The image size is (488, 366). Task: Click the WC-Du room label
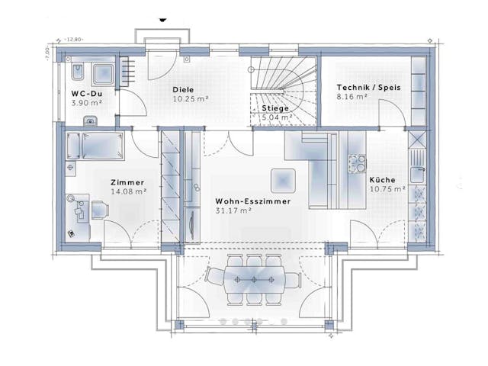86,93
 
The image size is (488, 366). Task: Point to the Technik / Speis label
368,87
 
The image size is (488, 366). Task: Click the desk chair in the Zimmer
99,207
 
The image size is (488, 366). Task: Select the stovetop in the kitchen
357,163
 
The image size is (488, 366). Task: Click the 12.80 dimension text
74,38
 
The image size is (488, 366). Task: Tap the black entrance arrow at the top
162,17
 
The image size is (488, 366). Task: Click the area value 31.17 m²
233,211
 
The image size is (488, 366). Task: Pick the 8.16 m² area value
352,97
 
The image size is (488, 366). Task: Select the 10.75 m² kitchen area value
387,188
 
